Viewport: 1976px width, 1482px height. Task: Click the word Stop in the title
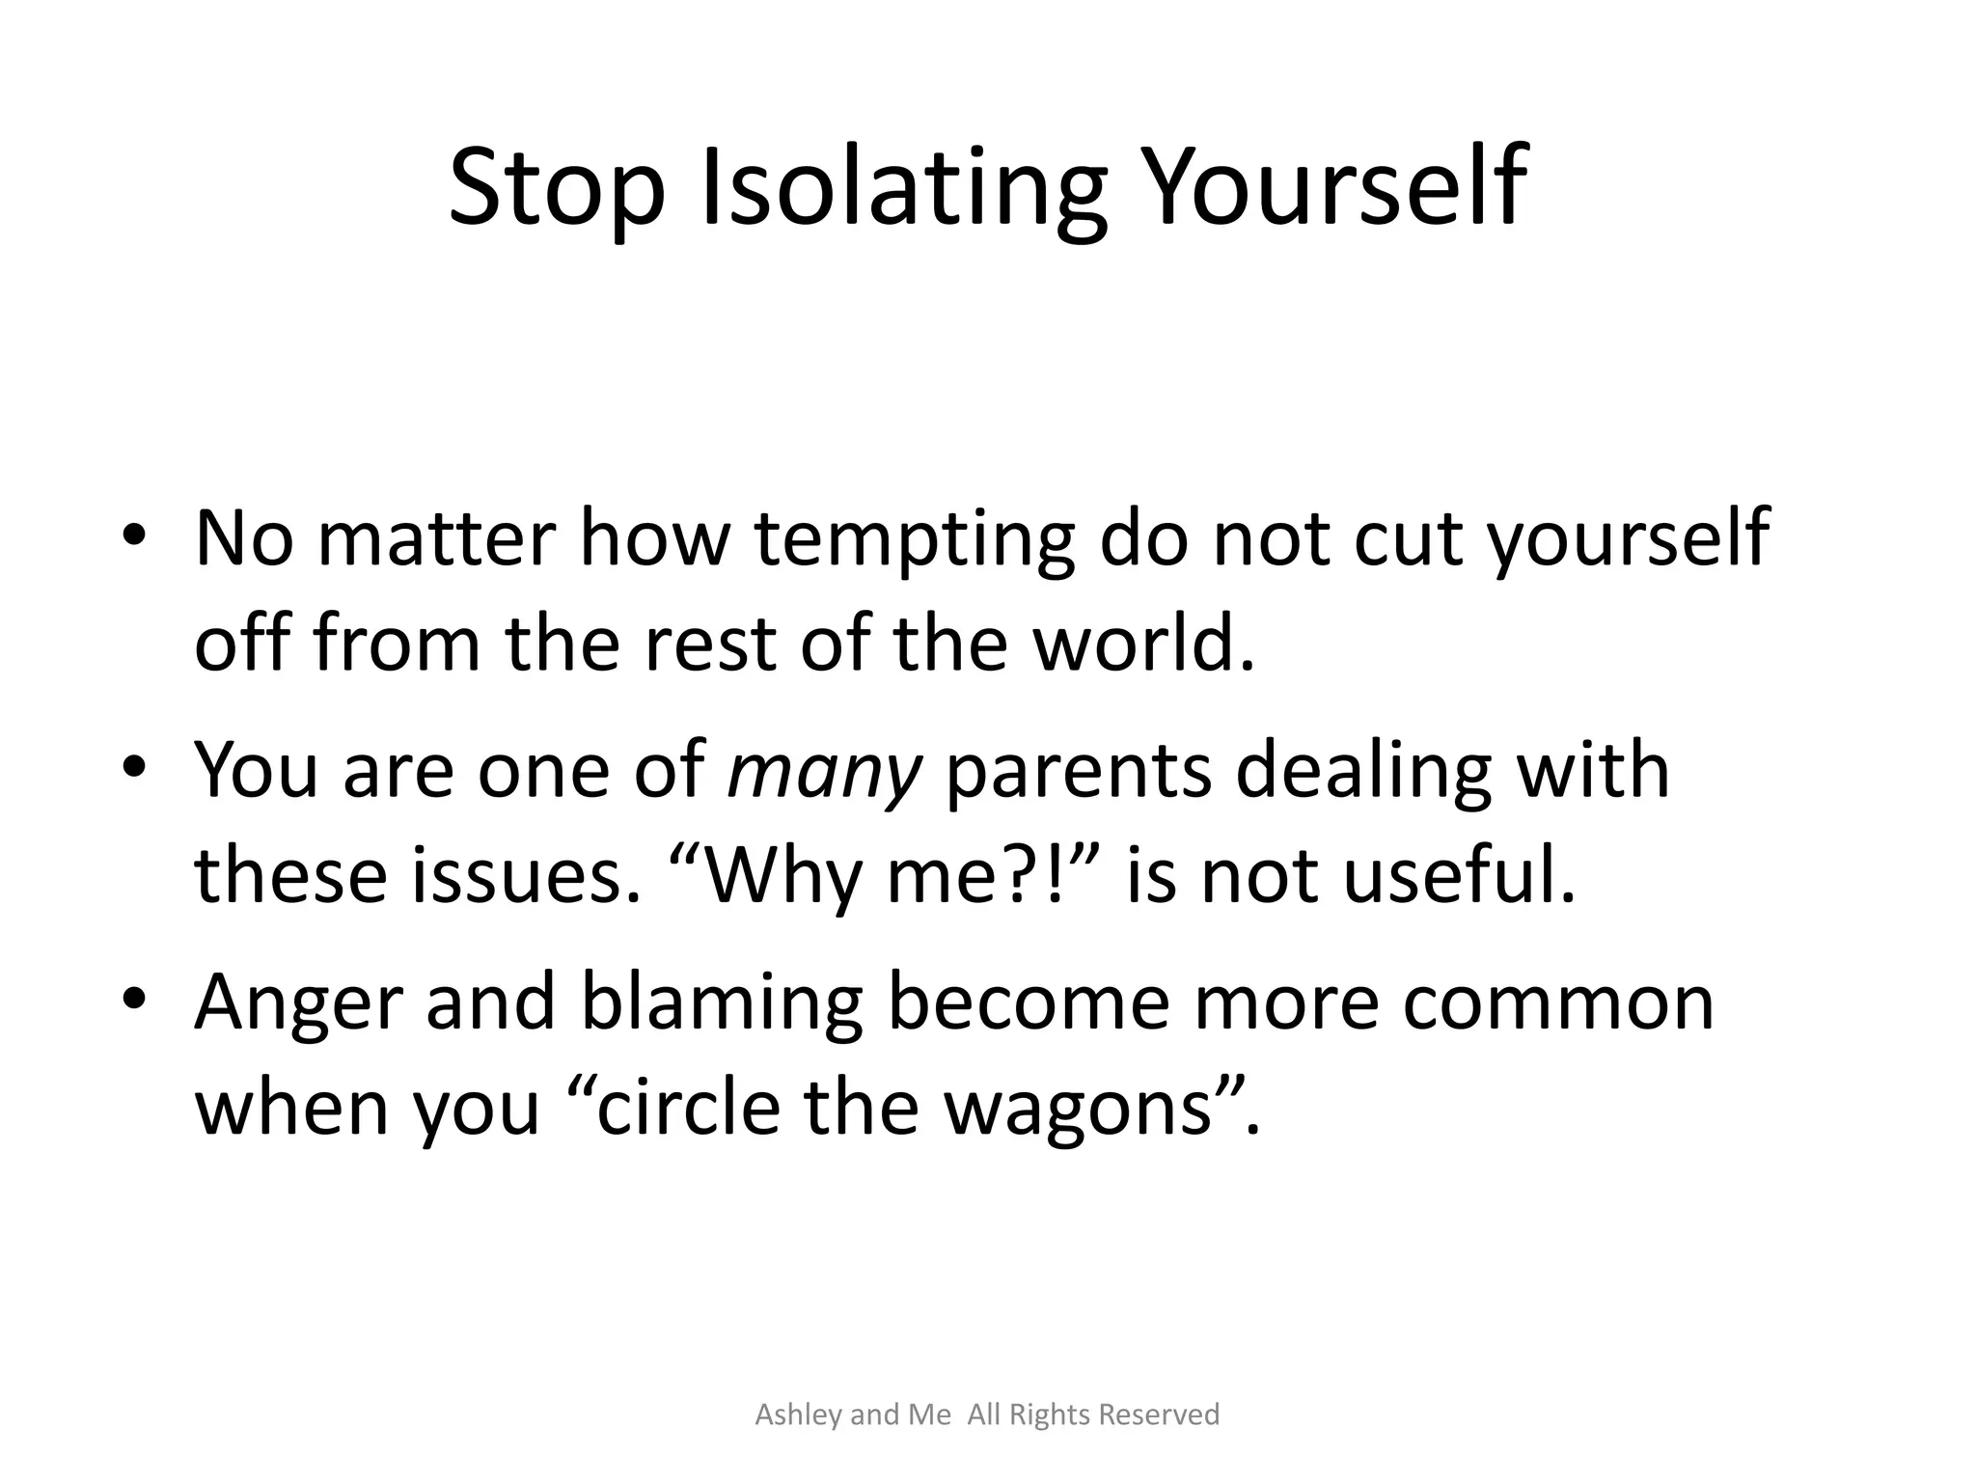point(557,188)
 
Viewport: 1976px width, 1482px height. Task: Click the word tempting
point(914,540)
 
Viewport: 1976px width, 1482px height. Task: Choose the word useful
point(1458,875)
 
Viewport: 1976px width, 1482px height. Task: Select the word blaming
point(721,1003)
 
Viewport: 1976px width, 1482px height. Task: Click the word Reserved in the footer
point(1160,1415)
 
